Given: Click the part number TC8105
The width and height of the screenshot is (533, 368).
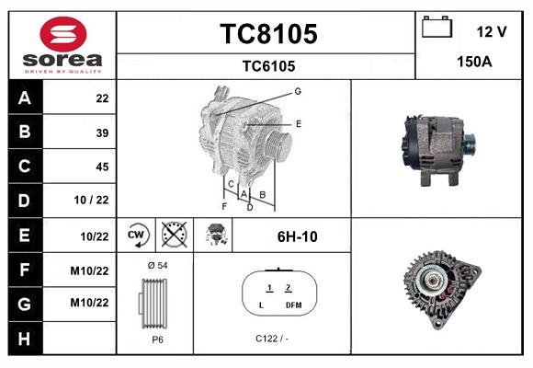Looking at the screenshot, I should point(268,34).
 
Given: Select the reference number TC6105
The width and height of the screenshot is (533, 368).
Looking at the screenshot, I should point(268,65).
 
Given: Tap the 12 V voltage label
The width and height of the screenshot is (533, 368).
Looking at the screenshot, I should point(492,31).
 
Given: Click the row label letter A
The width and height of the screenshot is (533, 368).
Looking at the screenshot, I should point(24,98).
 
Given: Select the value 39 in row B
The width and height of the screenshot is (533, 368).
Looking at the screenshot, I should point(102,132).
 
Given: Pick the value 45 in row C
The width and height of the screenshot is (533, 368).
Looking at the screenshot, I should point(102,167).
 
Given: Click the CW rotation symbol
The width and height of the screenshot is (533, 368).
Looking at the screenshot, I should point(138,236).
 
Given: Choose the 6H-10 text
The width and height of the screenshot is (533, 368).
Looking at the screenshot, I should point(297,236).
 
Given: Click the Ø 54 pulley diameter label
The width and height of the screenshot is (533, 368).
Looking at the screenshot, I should point(156,266).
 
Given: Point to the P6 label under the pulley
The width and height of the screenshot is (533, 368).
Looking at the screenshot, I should point(157,339).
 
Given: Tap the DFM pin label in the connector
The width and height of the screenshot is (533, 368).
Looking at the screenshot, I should point(293,305).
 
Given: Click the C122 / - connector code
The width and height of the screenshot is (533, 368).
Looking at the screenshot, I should point(273,339).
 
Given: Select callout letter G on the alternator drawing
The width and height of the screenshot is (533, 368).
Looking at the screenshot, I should point(298,91).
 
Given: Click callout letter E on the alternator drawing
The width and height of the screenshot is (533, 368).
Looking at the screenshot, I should point(299,122).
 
